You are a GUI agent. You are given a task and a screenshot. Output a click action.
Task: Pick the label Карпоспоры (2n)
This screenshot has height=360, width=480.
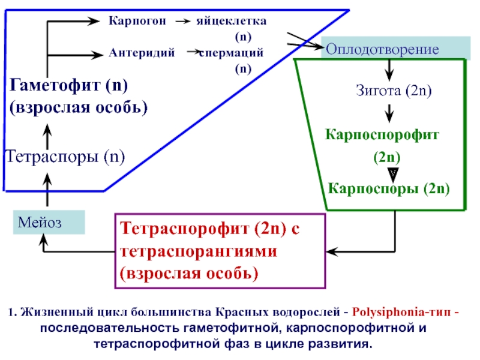coord(389,189)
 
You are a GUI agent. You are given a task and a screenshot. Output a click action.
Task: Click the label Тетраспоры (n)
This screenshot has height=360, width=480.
coord(65,158)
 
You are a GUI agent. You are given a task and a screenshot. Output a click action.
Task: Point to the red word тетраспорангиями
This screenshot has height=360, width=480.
coord(199,251)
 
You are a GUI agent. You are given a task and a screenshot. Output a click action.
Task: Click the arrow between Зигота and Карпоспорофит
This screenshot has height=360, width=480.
coord(389,112)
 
